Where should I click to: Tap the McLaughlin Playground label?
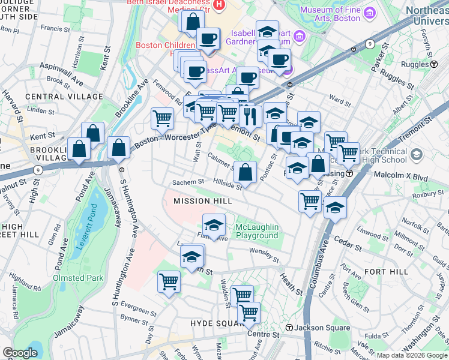[257, 231]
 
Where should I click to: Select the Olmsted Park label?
[78, 278]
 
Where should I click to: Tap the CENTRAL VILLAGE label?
[53, 97]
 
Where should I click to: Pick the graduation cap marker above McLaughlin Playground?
[214, 226]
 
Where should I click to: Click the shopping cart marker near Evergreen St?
[169, 281]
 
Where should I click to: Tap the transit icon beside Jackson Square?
[289, 328]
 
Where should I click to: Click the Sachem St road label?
[184, 182]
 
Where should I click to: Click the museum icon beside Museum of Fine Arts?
[369, 12]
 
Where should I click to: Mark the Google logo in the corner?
[20, 353]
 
